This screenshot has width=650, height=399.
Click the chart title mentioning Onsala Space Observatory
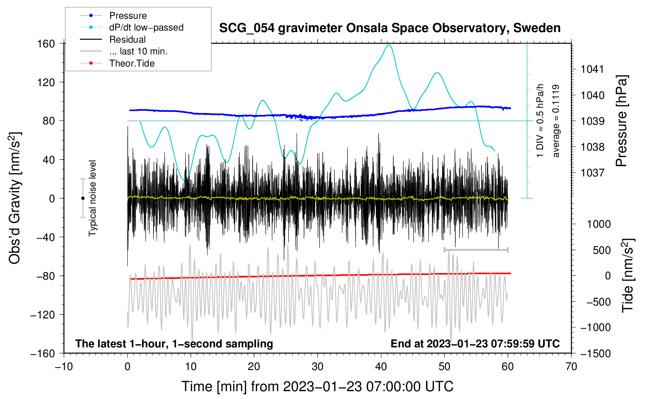(x=390, y=28)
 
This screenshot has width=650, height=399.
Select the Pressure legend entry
(x=128, y=16)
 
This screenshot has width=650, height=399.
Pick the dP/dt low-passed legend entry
(x=146, y=27)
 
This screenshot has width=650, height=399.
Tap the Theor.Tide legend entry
(x=132, y=63)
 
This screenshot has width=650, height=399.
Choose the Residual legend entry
(x=127, y=40)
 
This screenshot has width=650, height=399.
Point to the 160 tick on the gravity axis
(x=46, y=43)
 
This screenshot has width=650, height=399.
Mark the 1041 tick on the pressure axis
(x=592, y=69)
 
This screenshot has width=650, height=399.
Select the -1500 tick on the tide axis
(x=595, y=354)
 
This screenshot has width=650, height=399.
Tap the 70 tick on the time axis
(x=571, y=367)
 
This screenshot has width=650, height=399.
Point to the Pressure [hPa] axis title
(x=621, y=121)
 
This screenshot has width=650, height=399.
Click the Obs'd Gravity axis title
(x=14, y=198)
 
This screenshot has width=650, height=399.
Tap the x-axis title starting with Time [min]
(x=317, y=386)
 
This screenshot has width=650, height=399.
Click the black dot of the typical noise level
(x=83, y=198)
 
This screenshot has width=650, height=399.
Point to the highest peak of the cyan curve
(x=388, y=45)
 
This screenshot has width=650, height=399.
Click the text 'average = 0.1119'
(x=556, y=121)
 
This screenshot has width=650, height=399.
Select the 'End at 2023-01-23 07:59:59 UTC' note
(x=475, y=343)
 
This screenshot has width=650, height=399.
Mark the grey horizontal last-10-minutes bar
(x=476, y=250)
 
